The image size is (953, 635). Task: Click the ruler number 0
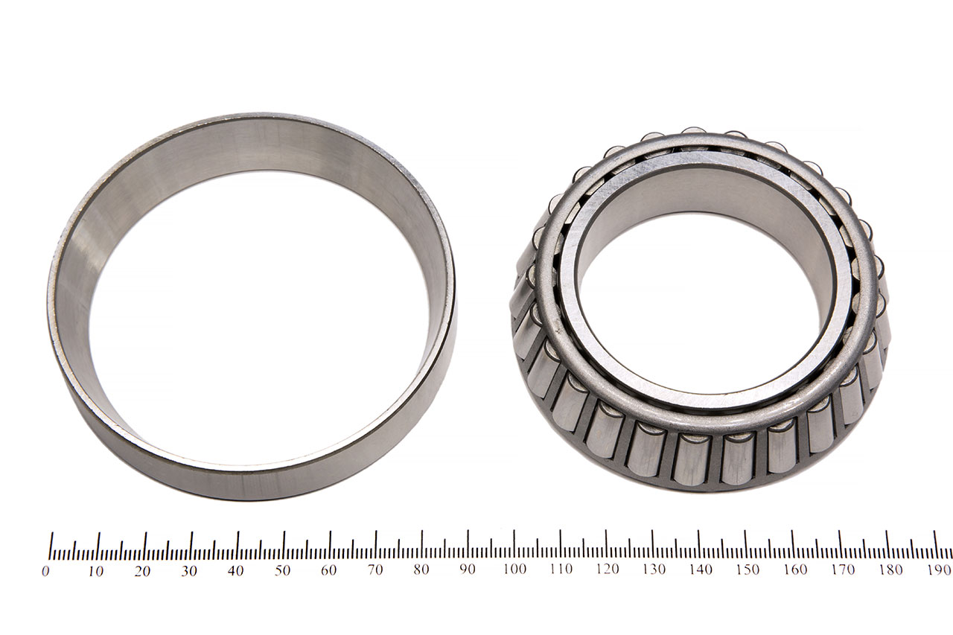tap(45, 571)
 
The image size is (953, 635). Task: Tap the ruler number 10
tap(96, 571)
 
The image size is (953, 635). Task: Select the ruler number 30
tap(189, 571)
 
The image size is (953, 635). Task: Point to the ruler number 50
tap(282, 570)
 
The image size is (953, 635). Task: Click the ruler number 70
tap(374, 570)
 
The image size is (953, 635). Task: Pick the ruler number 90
tap(467, 569)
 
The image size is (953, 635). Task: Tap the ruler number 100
tap(514, 569)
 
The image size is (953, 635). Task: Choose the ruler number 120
tap(608, 569)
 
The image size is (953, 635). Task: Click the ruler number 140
tap(701, 569)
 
